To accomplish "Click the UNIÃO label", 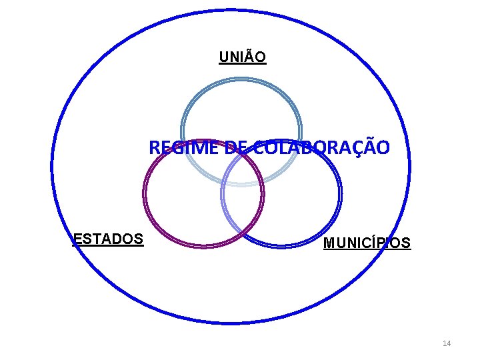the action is click(243, 57).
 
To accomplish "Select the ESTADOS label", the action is click(108, 239).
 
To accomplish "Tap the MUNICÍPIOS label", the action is click(367, 243).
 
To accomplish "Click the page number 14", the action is click(447, 343).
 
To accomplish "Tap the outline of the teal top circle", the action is click(241, 79).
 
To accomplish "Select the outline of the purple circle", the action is click(145, 193).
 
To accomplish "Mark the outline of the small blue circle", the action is click(340, 193).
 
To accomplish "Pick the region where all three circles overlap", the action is click(241, 170).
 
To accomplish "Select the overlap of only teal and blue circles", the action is click(280, 163).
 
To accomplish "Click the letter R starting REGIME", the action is click(155, 147).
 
